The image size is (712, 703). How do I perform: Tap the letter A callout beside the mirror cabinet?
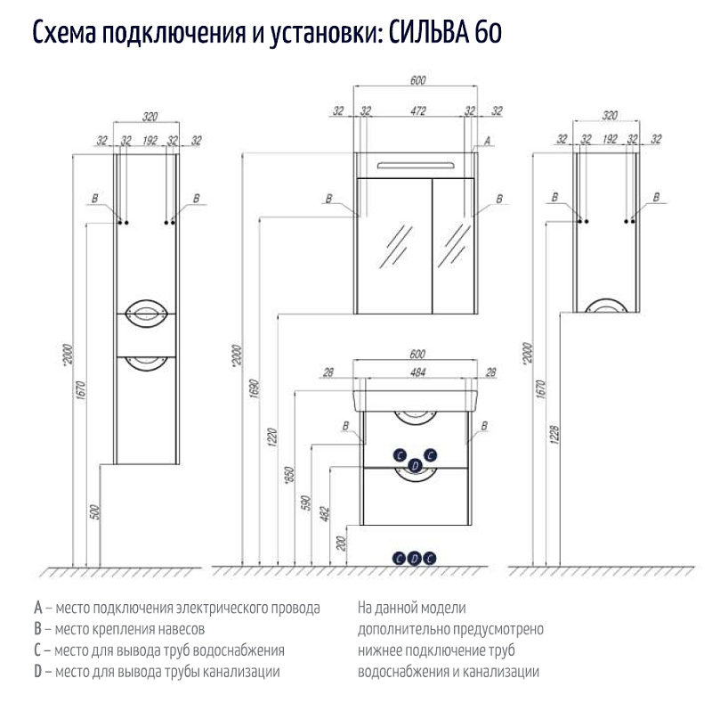(487, 141)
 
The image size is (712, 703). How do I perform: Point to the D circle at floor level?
(415, 558)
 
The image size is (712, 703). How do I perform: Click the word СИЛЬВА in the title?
(431, 34)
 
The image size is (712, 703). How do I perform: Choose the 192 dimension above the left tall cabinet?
(150, 140)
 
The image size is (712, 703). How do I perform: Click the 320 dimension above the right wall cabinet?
(610, 116)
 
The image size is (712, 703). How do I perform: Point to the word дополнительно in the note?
(400, 630)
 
